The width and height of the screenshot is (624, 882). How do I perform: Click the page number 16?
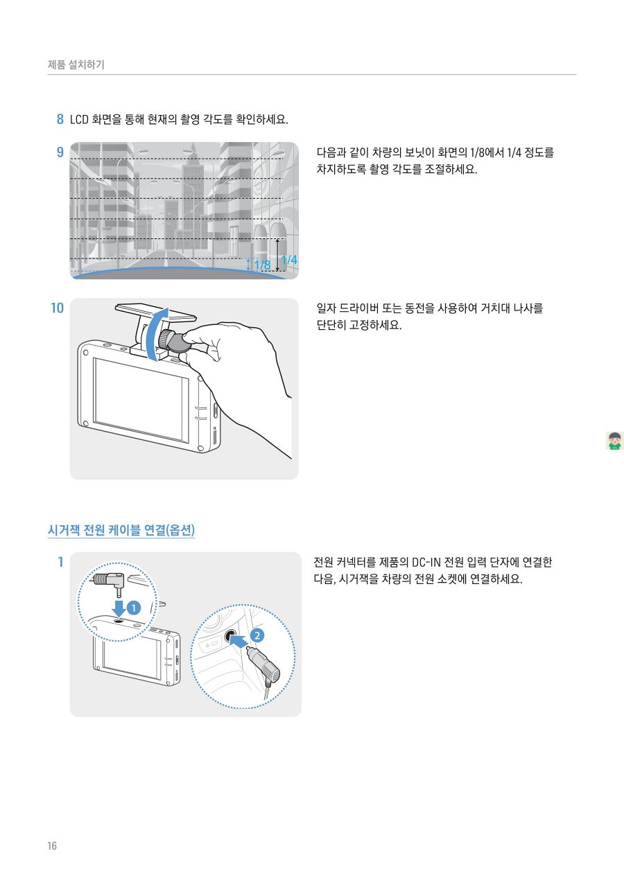coord(52,846)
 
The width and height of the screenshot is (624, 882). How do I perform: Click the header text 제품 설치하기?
coord(76,65)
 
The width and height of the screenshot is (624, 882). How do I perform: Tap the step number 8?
coord(60,119)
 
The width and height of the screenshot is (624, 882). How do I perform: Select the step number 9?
coord(60,151)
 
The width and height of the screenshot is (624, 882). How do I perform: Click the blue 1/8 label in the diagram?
coord(262,265)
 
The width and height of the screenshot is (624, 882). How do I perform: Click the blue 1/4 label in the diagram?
coord(289,260)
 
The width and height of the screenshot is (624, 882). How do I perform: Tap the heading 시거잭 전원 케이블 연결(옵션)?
coord(121,531)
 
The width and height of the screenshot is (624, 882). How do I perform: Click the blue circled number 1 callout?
coord(133,608)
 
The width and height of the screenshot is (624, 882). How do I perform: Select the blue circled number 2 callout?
coord(257,635)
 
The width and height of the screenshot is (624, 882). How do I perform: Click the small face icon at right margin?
coord(614,441)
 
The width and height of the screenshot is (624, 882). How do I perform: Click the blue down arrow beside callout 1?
coord(119,608)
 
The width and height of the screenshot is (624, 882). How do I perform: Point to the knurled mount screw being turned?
coord(166,338)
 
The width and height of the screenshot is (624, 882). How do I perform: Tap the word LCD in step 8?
coord(80,119)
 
